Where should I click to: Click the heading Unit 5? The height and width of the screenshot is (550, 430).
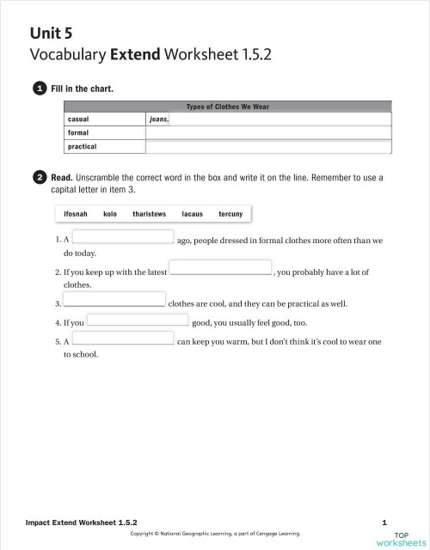(51, 33)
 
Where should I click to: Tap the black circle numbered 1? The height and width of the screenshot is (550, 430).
(40, 88)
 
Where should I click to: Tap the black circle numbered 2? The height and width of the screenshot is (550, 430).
(40, 178)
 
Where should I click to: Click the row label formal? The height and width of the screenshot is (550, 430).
(78, 133)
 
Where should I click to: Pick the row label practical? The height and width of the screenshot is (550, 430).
(82, 147)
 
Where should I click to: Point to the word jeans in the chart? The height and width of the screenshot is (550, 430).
(158, 119)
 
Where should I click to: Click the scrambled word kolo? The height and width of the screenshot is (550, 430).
(110, 213)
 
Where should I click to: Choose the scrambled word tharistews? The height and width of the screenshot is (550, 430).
(150, 213)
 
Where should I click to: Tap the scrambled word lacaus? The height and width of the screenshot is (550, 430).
(193, 213)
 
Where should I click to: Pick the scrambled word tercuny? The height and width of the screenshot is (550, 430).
(230, 213)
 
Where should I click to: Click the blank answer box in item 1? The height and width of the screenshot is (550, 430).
(123, 236)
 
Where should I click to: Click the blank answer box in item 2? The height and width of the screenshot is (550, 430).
(220, 268)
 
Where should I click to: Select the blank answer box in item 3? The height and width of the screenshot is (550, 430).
(114, 300)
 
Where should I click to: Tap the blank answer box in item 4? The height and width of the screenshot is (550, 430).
(137, 320)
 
